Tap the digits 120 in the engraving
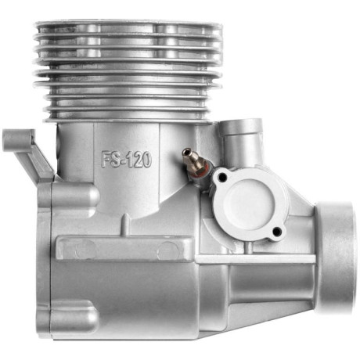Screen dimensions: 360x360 [x=138, y=159]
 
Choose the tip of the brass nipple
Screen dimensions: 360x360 [x=185, y=153]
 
